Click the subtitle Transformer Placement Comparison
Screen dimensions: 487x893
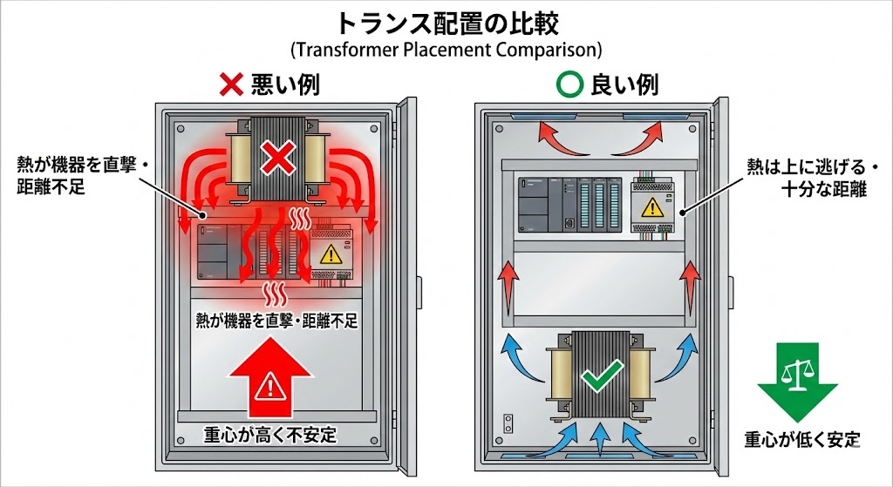tap(446, 49)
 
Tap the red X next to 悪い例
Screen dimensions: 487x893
tap(230, 84)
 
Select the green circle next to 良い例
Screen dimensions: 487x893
tap(569, 85)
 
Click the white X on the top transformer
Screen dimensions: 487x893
tap(277, 159)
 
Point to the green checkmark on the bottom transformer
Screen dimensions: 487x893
tap(599, 377)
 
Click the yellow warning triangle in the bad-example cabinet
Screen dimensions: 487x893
tap(330, 254)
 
